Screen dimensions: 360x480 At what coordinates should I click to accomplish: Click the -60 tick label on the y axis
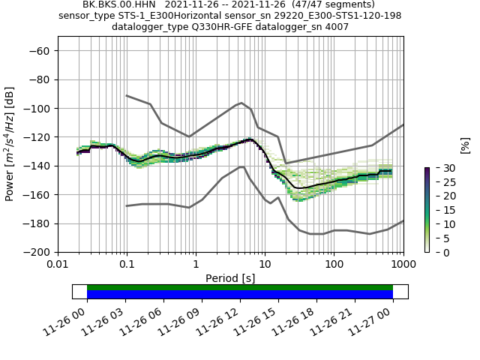coord(40,50)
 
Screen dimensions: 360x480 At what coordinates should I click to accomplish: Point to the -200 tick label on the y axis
coord(37,252)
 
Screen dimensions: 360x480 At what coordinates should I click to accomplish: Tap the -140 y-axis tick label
coord(37,166)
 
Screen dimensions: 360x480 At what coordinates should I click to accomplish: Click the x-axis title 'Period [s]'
coord(230,278)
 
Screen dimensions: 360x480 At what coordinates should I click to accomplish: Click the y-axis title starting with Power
coord(10,144)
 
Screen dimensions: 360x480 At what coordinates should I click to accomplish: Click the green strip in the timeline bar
coord(240,287)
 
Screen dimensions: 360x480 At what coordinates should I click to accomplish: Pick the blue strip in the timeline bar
coord(240,295)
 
